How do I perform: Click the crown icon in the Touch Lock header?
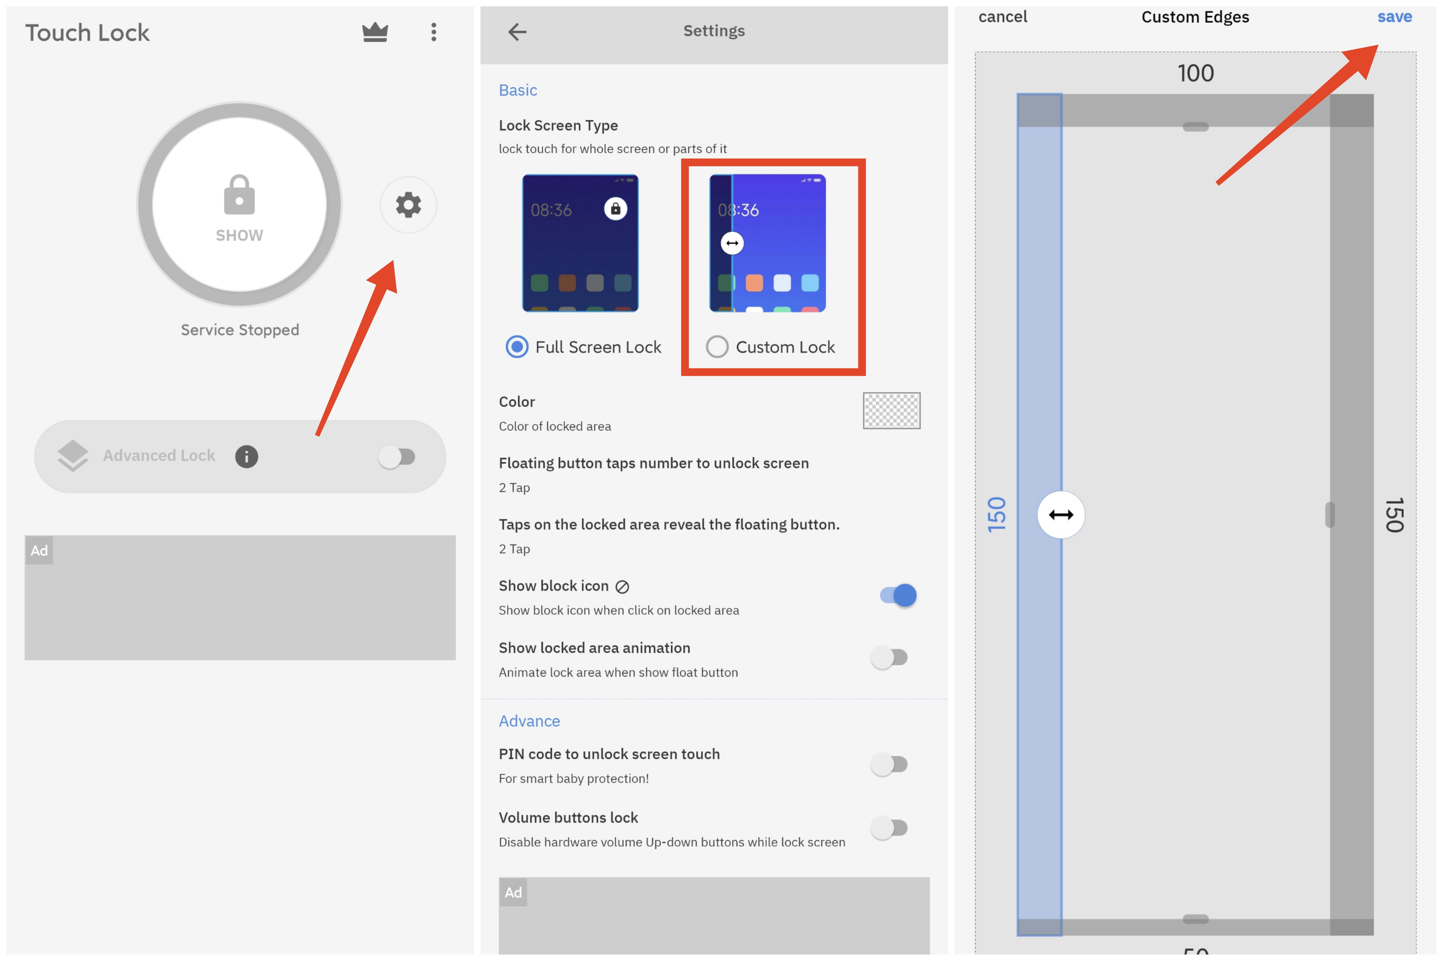(375, 32)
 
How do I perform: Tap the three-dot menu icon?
(434, 32)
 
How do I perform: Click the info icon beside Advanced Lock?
(247, 457)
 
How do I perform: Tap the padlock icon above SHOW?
(239, 195)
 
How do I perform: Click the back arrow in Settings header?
(517, 31)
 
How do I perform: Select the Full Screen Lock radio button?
(517, 347)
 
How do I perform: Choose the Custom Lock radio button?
(717, 347)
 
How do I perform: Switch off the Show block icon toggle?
(899, 595)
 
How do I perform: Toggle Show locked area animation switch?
(889, 658)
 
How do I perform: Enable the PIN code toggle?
(889, 764)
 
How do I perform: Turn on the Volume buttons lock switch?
(889, 828)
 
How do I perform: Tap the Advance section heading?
(529, 721)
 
